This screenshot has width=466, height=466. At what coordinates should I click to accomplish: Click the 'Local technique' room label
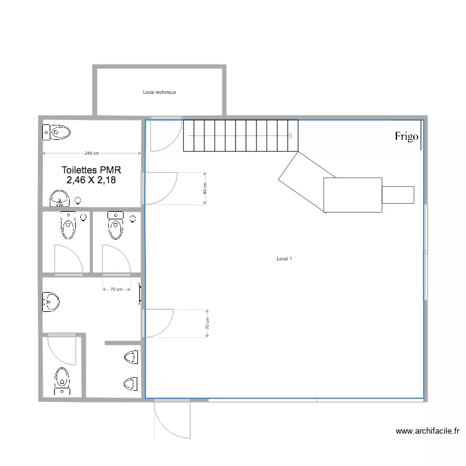coord(159,93)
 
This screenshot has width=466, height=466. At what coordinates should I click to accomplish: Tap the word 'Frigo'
coord(407,137)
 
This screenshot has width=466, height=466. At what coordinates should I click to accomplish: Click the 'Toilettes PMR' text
coord(91,170)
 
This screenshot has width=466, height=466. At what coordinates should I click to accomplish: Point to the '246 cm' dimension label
coord(91,153)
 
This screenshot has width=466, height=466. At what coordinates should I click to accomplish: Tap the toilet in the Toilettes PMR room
coord(57,131)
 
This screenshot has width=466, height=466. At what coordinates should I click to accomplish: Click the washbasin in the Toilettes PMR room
coord(60,199)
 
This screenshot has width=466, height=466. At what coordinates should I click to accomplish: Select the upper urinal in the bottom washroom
coord(130,357)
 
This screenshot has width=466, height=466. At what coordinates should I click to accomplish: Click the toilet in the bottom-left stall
coord(62,380)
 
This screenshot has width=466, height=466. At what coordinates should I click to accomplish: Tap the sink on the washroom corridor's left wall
coord(50,303)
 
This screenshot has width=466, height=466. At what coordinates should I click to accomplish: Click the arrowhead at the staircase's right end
coord(291,135)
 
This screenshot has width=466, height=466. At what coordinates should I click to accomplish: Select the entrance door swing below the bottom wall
coord(170,419)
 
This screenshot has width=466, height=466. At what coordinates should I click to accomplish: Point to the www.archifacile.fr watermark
coord(427,431)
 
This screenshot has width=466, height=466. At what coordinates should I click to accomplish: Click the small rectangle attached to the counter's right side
coord(398,194)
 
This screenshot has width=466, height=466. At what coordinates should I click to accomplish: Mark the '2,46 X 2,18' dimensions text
coord(91,180)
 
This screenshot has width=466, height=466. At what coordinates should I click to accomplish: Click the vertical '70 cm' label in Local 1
coord(208,324)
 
